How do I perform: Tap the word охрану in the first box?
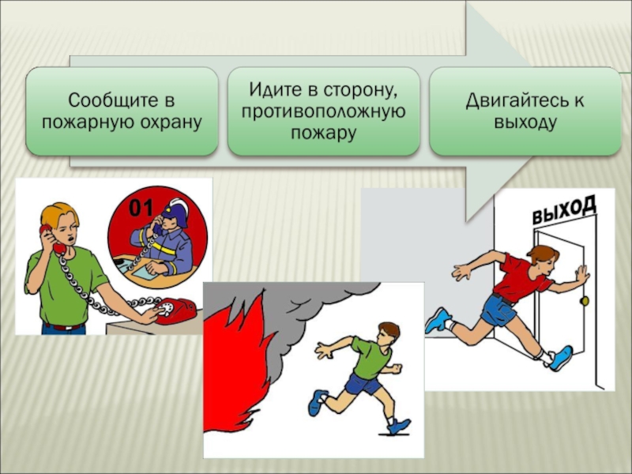click(174, 122)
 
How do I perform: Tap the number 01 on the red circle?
click(141, 209)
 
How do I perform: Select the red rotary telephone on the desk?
click(176, 309)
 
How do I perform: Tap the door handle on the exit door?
click(585, 301)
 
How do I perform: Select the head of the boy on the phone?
click(61, 223)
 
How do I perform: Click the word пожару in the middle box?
click(324, 134)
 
